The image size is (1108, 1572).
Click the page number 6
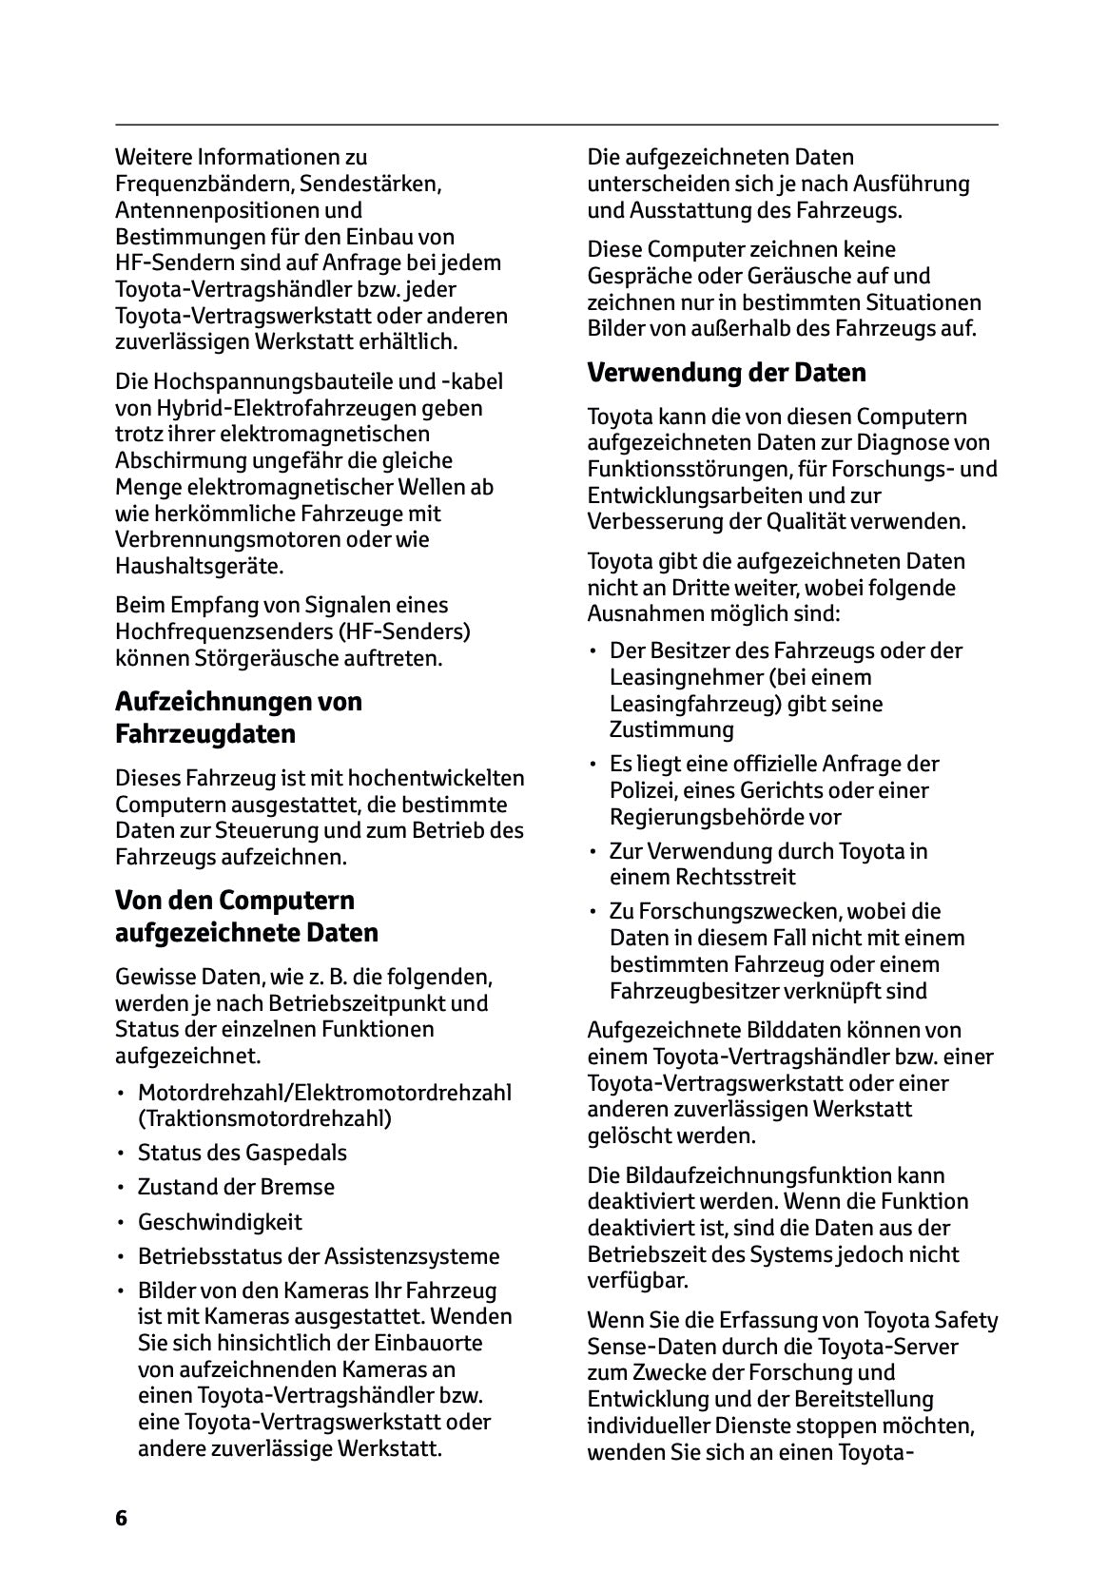click(121, 1518)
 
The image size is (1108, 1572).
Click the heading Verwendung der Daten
click(727, 373)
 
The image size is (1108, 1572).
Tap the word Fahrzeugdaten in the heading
click(205, 734)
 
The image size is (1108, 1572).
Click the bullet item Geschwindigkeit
click(220, 1222)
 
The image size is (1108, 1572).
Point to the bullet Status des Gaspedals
click(242, 1153)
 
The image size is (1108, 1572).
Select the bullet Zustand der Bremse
click(236, 1187)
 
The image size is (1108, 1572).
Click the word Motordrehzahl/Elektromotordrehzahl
click(324, 1093)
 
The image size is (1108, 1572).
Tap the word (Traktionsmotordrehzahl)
click(264, 1118)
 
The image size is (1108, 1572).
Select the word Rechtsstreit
click(703, 878)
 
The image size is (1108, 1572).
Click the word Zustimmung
click(671, 730)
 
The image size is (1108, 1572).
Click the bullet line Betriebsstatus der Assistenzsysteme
click(318, 1256)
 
